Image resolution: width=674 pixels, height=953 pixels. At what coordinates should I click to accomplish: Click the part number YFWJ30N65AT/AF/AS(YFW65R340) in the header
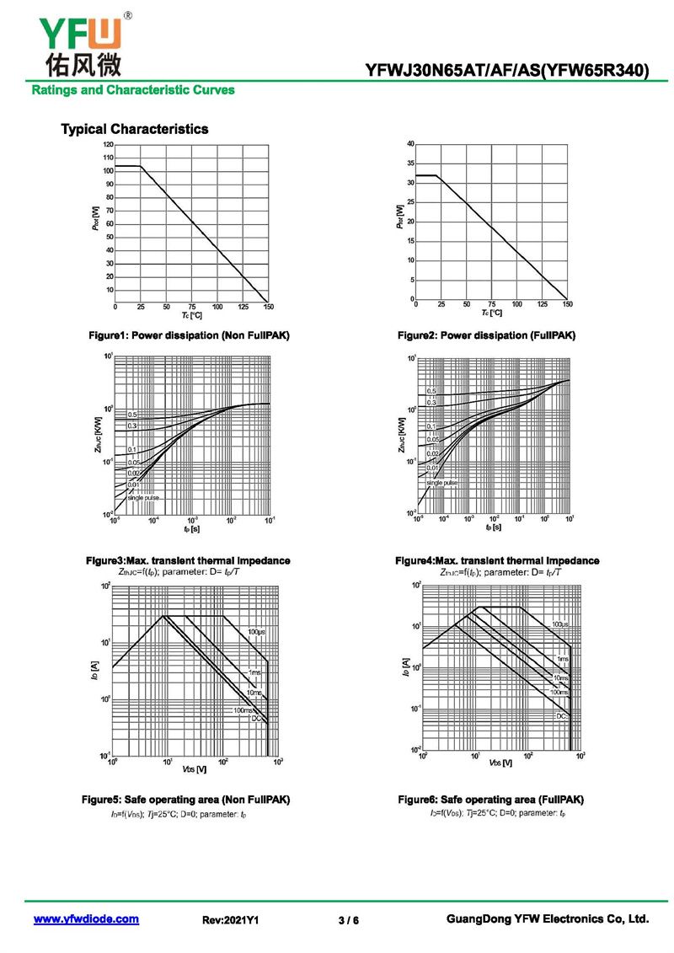507,71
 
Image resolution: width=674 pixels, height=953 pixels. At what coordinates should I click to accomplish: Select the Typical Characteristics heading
134,129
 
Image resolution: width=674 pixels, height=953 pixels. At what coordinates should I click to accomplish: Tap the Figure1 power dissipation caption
189,335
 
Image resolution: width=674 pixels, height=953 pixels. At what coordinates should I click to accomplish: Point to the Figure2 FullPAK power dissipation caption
487,335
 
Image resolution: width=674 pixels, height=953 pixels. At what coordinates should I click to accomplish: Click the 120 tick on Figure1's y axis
109,145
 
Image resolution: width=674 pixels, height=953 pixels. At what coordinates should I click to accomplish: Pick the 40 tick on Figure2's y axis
410,144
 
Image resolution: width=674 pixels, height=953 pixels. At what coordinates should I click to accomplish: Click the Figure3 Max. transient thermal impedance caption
189,560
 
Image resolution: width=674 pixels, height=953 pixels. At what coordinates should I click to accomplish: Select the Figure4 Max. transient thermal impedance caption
497,560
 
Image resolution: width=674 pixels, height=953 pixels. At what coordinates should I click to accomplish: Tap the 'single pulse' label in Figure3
142,498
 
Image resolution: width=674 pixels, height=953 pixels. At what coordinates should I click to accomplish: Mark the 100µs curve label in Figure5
255,632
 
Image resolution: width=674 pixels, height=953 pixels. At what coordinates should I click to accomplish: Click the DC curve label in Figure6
560,715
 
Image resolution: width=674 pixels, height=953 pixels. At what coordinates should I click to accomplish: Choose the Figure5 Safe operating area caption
185,799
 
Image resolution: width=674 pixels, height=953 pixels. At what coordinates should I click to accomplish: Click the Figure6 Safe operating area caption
490,799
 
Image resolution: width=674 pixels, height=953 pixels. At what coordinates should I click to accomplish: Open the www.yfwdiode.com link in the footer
86,919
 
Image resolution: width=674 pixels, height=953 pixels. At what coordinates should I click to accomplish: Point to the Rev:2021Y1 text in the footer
230,920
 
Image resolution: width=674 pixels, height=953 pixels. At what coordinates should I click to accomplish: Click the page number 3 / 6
348,920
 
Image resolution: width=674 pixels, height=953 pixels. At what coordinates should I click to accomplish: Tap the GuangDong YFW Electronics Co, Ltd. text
547,919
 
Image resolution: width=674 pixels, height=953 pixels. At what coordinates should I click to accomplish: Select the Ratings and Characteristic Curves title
133,89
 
